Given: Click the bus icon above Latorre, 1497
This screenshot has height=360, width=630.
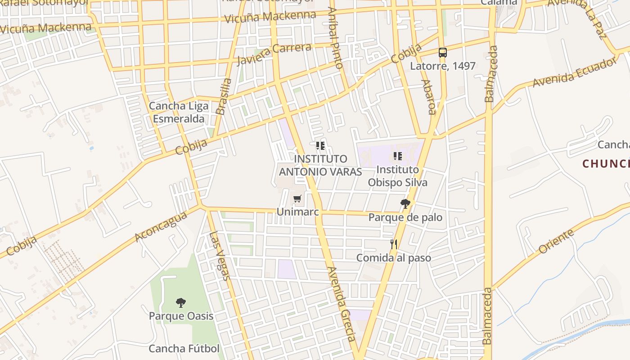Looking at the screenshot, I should tap(443, 53).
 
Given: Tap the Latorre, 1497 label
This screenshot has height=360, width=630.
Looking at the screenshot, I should tap(442, 66).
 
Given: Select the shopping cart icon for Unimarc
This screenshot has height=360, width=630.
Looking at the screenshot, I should tap(297, 199).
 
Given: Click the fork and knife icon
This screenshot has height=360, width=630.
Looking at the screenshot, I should tap(394, 244).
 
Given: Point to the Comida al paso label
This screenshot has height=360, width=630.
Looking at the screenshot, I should tap(394, 258).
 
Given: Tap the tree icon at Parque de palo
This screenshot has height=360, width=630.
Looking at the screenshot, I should tap(405, 204).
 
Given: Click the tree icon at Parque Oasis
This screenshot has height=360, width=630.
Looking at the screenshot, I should tap(181, 302).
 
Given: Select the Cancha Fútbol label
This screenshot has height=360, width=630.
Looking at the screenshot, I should tap(184, 349).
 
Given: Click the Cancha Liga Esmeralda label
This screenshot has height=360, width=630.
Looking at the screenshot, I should tap(179, 112).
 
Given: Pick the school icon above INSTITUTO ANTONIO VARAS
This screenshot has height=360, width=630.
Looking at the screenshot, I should tap(320, 146).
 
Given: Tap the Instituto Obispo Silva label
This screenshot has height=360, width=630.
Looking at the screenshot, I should tap(398, 176).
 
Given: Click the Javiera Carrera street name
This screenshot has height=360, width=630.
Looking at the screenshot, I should tap(274, 54).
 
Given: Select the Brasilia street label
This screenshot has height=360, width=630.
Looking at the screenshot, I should tap(224, 96).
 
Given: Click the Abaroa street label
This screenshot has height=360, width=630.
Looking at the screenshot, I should tap(428, 97).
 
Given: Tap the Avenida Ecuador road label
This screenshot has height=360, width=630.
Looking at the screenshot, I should tap(574, 72).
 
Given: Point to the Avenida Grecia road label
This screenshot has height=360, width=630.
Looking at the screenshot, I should tap(342, 304).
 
